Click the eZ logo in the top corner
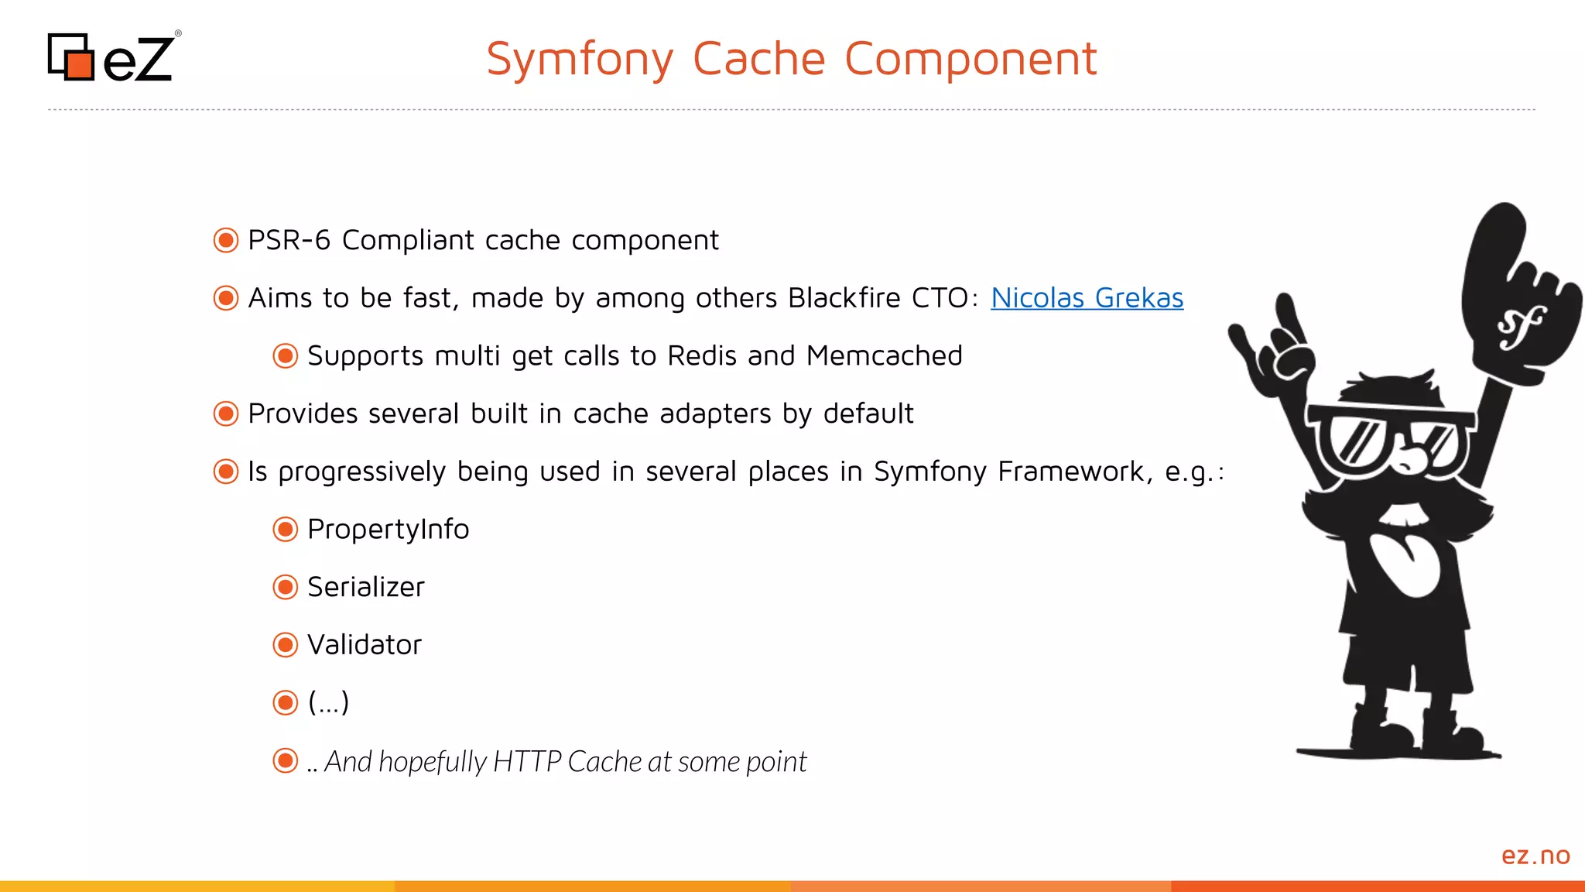point(113,57)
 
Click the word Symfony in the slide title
point(580,60)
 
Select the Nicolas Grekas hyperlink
point(1087,298)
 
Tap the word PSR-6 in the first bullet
point(289,240)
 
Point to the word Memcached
point(884,355)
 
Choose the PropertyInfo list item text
point(388,530)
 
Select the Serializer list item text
point(365,587)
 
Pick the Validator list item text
point(364,645)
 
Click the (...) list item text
point(328,702)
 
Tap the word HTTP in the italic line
point(526,762)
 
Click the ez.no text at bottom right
point(1535,856)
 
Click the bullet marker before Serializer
point(286,587)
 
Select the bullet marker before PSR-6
point(226,240)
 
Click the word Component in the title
point(971,60)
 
